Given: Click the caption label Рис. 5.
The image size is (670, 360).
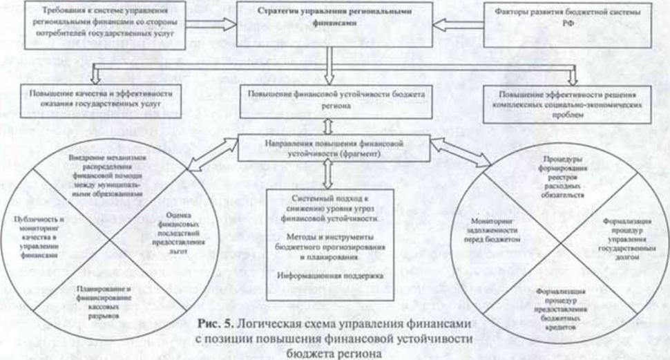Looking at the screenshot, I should point(213,323).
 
